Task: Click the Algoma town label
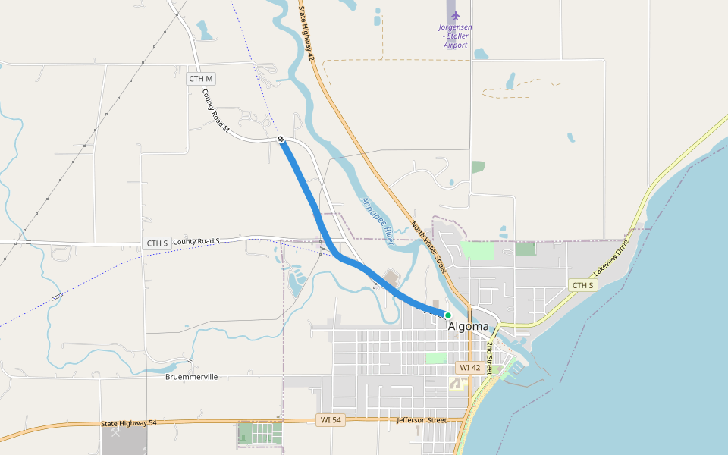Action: pos(469,327)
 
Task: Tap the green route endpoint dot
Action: pos(448,315)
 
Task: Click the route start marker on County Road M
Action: pos(281,140)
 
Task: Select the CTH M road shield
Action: pos(202,79)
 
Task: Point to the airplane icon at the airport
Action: pos(455,15)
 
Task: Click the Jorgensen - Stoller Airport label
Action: pos(455,36)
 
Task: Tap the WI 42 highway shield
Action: pos(469,367)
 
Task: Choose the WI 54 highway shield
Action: pos(331,419)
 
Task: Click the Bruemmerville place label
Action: pos(192,377)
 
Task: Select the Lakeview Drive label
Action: pos(611,259)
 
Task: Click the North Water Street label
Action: pos(428,246)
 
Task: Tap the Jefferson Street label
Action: pos(422,419)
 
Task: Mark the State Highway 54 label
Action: pos(128,422)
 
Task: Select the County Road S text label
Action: pos(196,241)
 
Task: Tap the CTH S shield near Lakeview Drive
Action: pos(583,285)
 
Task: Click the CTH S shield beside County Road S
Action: pos(156,243)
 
